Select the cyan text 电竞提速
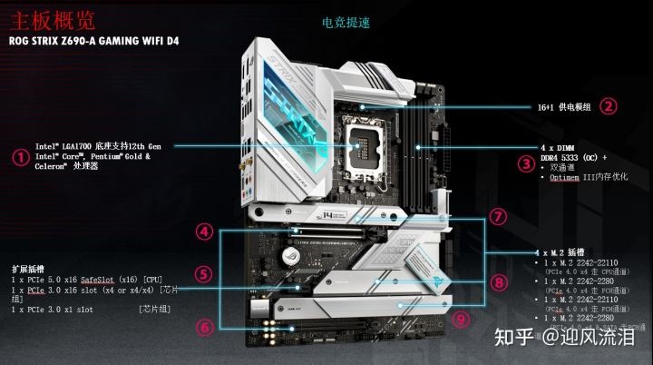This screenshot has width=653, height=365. tap(345, 21)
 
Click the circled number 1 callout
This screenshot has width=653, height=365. tap(18, 156)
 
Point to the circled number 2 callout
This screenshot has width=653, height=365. tap(609, 105)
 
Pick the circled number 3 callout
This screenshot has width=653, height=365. tap(525, 164)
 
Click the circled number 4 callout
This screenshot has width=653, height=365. tap(206, 232)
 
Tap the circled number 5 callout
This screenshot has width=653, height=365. tap(206, 273)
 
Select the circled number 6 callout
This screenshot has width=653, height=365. tap(206, 325)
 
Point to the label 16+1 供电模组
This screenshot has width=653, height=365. tap(563, 106)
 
